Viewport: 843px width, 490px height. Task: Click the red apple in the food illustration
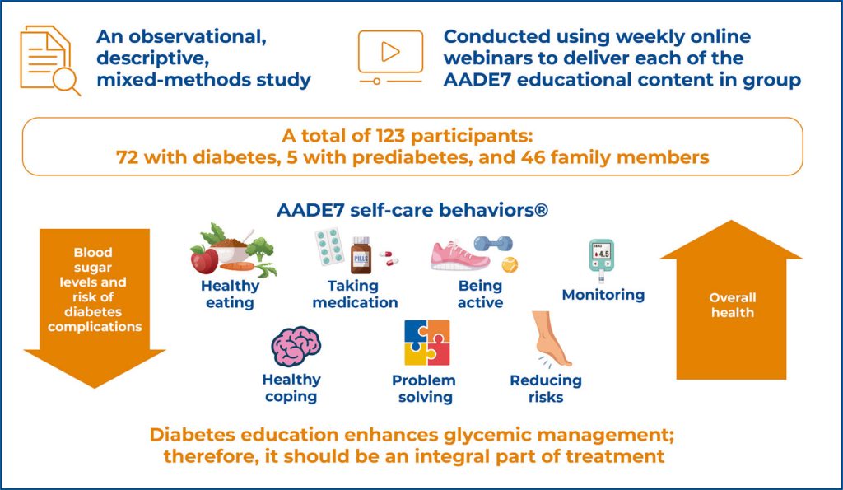[x=204, y=259]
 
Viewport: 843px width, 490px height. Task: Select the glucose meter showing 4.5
[x=601, y=262]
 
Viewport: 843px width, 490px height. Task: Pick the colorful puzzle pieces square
[x=426, y=343]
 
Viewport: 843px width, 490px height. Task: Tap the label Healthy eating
[x=230, y=294]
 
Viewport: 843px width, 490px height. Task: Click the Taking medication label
[x=356, y=294]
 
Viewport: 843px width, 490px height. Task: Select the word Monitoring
[x=603, y=295]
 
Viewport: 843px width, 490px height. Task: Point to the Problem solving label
[x=423, y=389]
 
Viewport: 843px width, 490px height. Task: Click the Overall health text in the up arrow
[x=731, y=305]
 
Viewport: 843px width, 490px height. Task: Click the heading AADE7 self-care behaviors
[x=412, y=210]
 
